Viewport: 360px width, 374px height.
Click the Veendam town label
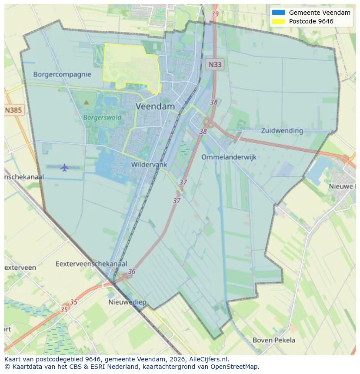point(155,106)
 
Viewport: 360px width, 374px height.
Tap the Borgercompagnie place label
point(62,74)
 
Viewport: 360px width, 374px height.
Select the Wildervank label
point(149,165)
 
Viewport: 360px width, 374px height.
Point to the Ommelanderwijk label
point(229,157)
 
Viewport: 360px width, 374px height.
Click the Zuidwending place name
point(282,130)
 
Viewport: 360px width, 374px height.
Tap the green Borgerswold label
point(102,117)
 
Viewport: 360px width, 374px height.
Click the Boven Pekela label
point(274,340)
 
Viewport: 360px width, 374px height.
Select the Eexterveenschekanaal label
point(91,264)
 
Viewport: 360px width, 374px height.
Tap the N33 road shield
point(214,65)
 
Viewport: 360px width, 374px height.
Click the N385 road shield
point(13,110)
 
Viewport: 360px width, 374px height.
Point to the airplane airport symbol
point(64,167)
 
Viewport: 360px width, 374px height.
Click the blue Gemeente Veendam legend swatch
point(278,13)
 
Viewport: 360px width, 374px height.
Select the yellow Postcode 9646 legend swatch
point(278,21)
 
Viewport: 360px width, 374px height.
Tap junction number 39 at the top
point(215,14)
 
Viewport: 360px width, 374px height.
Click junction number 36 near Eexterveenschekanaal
point(132,272)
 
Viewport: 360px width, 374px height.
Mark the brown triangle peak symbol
point(86,103)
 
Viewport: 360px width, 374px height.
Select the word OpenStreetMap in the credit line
point(238,367)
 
